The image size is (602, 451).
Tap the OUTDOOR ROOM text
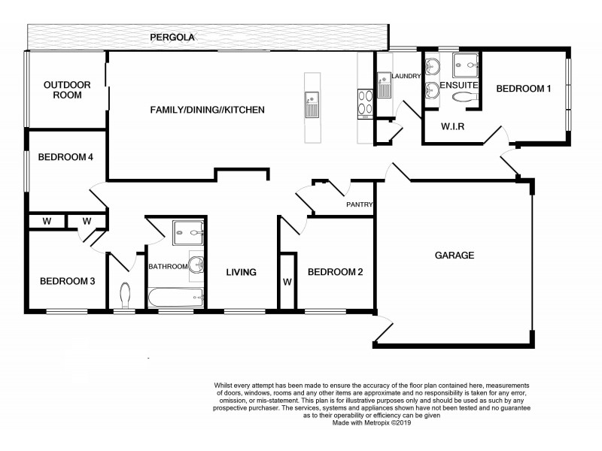pos(67,89)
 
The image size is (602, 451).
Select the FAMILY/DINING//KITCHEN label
pos(208,110)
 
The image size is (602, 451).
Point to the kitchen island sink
pos(311,104)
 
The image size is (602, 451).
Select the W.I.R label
pos(452,126)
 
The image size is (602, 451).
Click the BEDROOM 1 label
pos(524,89)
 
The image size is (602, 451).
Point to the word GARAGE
pos(455,255)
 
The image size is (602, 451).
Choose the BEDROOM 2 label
pos(336,272)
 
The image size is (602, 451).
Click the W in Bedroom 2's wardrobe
pos(287,283)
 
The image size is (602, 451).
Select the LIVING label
pos(242,272)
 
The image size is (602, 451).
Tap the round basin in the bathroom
pos(196,263)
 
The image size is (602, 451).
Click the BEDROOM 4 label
pos(65,157)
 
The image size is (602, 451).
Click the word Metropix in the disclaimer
pos(382,423)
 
